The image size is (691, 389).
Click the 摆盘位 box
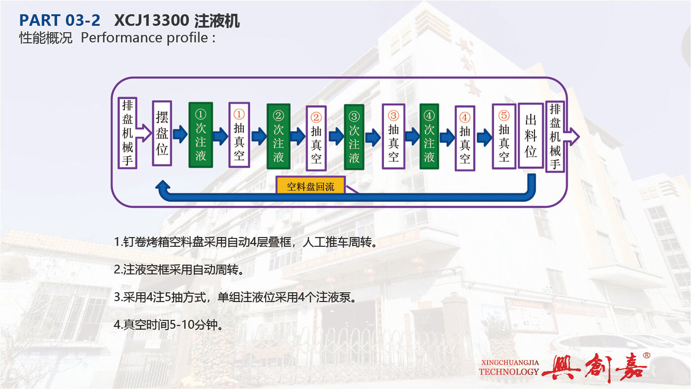tap(162, 133)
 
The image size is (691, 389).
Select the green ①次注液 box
tap(200, 135)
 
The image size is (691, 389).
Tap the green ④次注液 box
tap(429, 136)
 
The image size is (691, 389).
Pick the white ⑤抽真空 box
tap(504, 136)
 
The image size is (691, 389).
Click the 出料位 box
tap(531, 136)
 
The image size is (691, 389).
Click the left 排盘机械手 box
tap(127, 133)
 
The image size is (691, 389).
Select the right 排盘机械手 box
tap(555, 136)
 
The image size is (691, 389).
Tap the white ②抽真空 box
tap(316, 138)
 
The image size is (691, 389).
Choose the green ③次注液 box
tap(354, 137)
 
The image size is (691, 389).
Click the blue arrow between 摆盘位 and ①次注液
tap(180, 134)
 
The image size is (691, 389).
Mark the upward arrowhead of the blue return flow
tap(163, 186)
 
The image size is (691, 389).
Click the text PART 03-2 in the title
tap(60, 20)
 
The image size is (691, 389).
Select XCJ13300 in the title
tap(152, 21)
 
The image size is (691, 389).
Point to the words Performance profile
tap(144, 38)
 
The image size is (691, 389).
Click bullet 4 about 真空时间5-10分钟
tap(168, 324)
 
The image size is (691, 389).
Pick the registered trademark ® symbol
tap(646, 355)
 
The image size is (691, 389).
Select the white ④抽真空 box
tap(465, 138)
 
